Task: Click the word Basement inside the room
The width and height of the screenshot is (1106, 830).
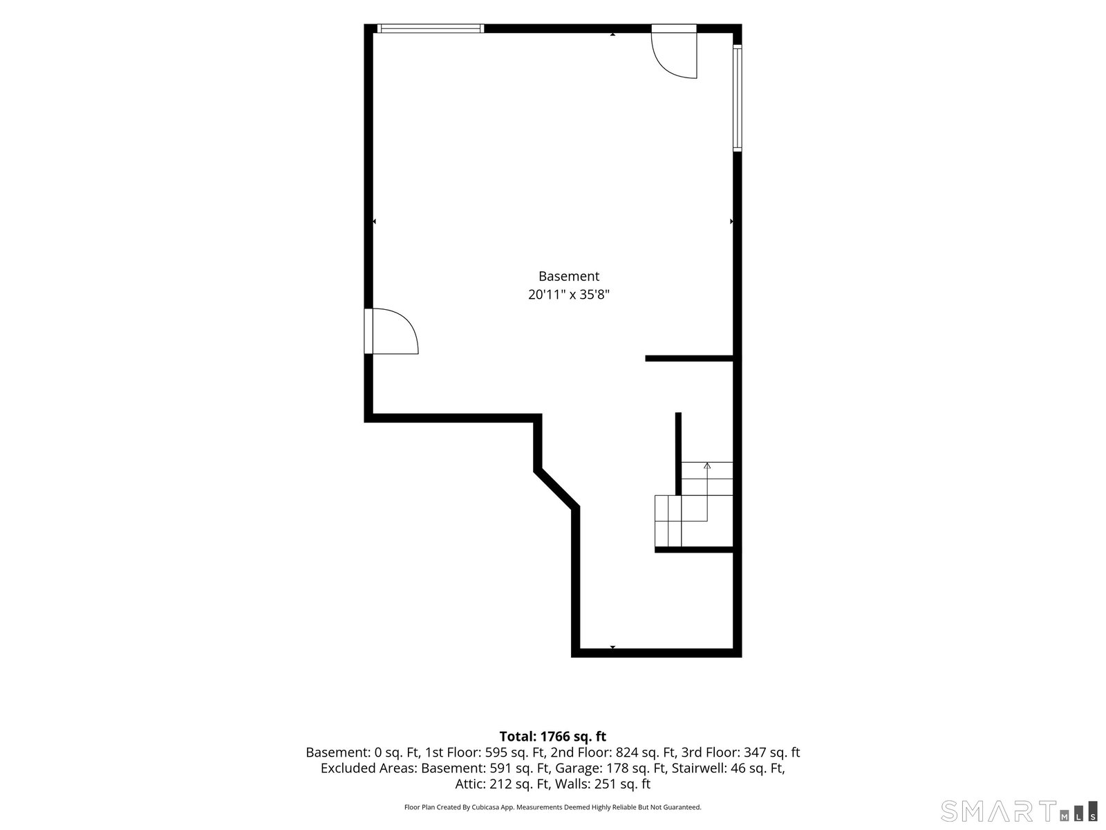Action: pos(568,276)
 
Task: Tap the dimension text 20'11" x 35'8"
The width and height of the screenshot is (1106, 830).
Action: pos(568,295)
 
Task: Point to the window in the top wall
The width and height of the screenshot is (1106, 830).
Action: pos(431,28)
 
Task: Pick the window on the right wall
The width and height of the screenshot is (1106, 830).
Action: pos(737,98)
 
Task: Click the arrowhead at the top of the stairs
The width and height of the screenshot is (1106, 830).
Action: pos(707,465)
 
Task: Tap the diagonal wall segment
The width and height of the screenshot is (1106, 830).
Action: pos(556,488)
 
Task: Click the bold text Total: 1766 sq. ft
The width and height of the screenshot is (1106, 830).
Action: pos(553,736)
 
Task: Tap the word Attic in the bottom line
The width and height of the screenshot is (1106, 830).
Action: pos(470,784)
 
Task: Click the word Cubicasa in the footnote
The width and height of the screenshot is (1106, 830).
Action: pos(486,807)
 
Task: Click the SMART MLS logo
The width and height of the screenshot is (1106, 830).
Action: pos(1019,811)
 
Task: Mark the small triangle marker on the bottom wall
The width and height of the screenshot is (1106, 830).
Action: pos(612,647)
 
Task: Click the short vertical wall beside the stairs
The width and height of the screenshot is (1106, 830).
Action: pos(678,454)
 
